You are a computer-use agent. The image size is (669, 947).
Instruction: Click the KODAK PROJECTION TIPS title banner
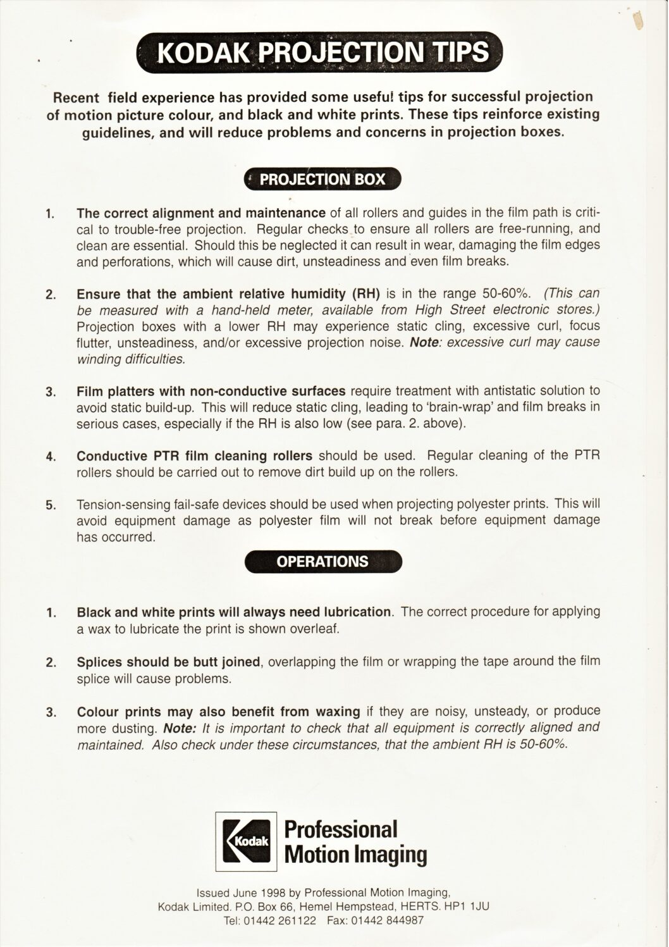tap(322, 53)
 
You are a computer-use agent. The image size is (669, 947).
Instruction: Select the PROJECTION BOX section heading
tap(322, 179)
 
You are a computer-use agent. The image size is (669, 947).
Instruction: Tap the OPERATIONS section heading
tap(322, 561)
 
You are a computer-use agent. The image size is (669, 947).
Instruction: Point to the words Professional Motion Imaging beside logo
tap(355, 841)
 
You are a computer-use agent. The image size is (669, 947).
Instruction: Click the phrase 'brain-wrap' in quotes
tap(426, 407)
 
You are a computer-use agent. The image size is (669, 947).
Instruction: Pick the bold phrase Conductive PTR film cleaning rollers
tap(194, 456)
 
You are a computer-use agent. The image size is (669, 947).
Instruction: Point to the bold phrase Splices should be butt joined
tap(168, 662)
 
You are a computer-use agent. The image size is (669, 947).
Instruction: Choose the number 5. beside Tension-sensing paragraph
tap(52, 505)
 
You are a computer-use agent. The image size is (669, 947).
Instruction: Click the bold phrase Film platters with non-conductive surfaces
tap(211, 391)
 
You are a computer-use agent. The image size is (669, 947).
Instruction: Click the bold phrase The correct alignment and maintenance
tap(200, 213)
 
